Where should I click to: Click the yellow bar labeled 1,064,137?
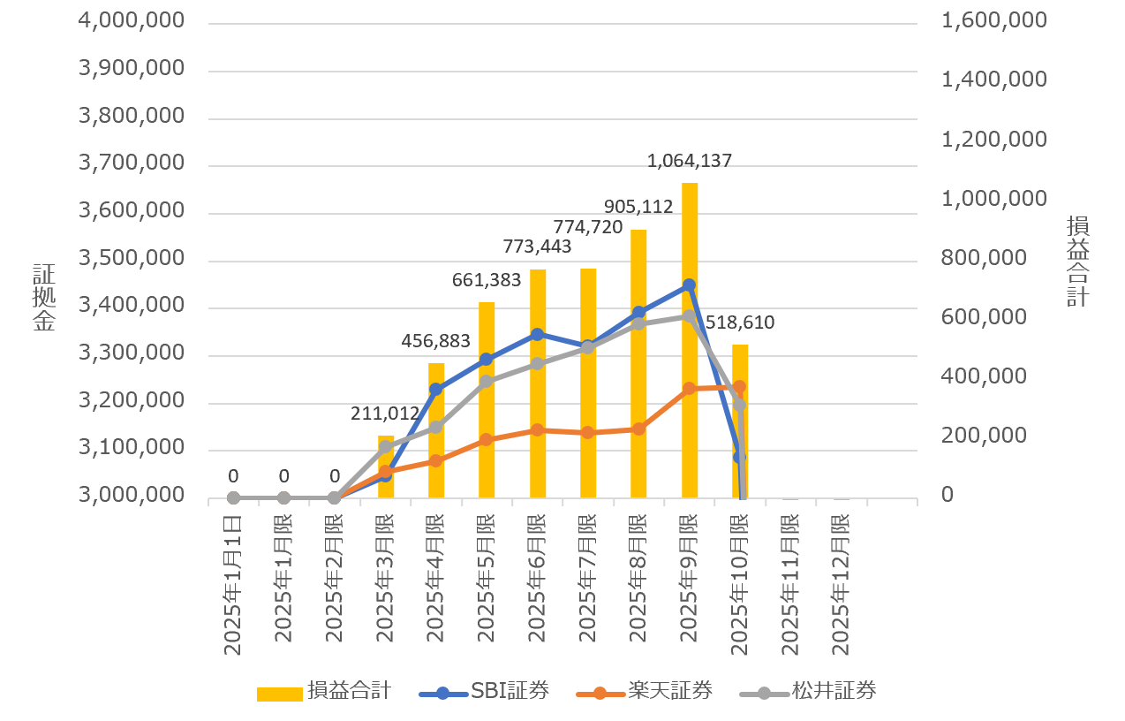click(x=690, y=340)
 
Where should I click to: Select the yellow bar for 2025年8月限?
click(x=638, y=362)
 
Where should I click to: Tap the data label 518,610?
click(x=740, y=323)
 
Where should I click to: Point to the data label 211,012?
click(x=385, y=412)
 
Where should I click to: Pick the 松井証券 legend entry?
click(x=807, y=692)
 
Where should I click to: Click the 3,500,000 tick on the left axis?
click(x=132, y=259)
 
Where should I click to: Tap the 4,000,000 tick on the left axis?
click(x=132, y=20)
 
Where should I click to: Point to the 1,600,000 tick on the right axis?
click(x=994, y=20)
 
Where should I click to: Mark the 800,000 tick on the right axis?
click(x=984, y=259)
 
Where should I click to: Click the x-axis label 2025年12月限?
click(x=842, y=584)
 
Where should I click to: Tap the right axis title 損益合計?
click(x=1076, y=261)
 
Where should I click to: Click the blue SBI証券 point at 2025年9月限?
click(x=690, y=285)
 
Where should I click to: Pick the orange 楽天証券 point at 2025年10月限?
click(x=740, y=387)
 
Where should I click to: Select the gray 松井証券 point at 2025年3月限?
click(x=385, y=447)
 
